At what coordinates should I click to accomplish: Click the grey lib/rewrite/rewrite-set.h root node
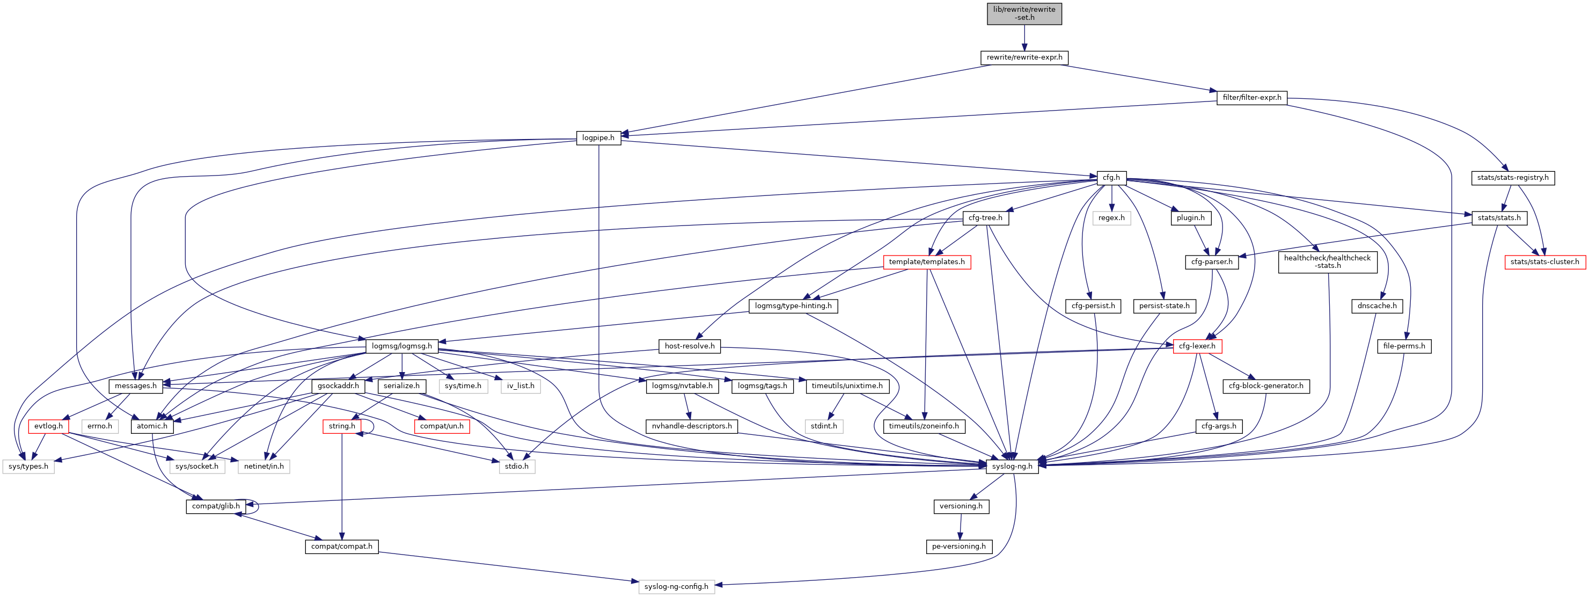[x=1024, y=13]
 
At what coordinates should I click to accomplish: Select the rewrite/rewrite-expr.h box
[x=1024, y=57]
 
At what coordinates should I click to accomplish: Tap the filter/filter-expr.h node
[x=1251, y=98]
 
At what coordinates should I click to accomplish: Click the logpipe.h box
[x=598, y=137]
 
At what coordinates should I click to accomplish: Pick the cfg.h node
[x=1111, y=178]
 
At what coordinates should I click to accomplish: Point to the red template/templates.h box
[x=926, y=262]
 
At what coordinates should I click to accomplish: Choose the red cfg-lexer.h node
[x=1197, y=346]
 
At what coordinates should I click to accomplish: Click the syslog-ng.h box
[x=1012, y=466]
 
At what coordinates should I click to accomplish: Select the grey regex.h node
[x=1111, y=218]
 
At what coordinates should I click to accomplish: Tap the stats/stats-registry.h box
[x=1512, y=178]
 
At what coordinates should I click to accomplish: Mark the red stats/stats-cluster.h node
[x=1544, y=262]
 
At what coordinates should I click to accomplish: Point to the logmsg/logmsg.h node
[x=401, y=346]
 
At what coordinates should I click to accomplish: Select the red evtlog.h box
[x=48, y=426]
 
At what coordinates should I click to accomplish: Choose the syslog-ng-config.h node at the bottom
[x=676, y=586]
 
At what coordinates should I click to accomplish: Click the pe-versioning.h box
[x=958, y=547]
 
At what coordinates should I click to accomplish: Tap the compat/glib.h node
[x=215, y=506]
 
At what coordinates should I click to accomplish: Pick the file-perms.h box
[x=1404, y=346]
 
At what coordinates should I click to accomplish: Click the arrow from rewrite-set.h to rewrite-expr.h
[x=1024, y=38]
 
